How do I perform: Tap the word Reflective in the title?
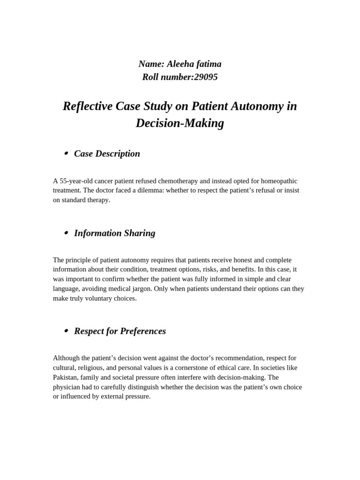click(88, 106)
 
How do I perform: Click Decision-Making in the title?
click(180, 123)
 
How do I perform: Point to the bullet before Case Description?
click(66, 153)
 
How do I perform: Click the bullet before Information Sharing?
click(66, 233)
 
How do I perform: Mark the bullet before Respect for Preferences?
click(66, 331)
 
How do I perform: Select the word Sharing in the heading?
click(140, 233)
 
